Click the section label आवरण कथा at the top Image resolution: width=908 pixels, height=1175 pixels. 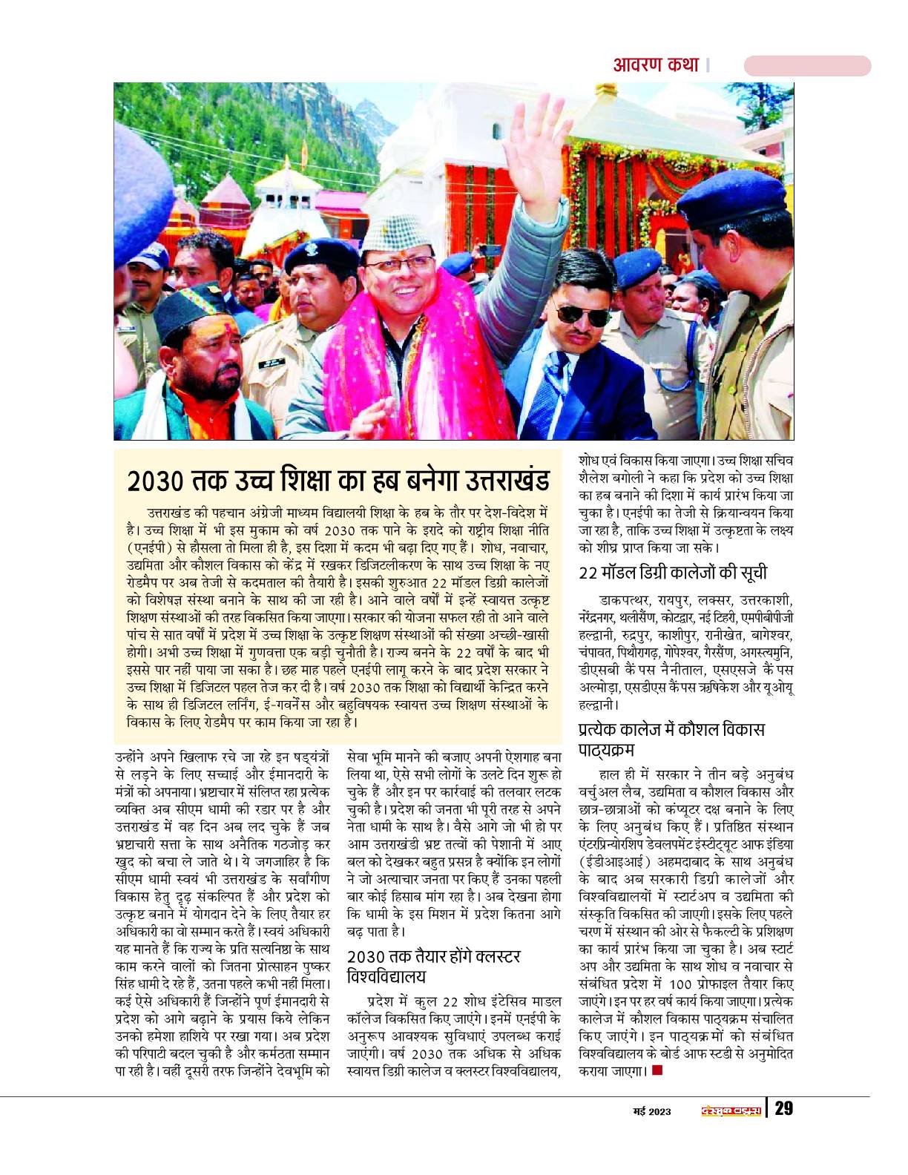656,65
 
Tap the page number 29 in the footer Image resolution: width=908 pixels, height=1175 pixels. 784,1109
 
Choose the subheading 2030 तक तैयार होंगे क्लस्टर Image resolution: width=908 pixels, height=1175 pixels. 433,956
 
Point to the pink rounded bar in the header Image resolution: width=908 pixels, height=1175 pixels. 807,66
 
